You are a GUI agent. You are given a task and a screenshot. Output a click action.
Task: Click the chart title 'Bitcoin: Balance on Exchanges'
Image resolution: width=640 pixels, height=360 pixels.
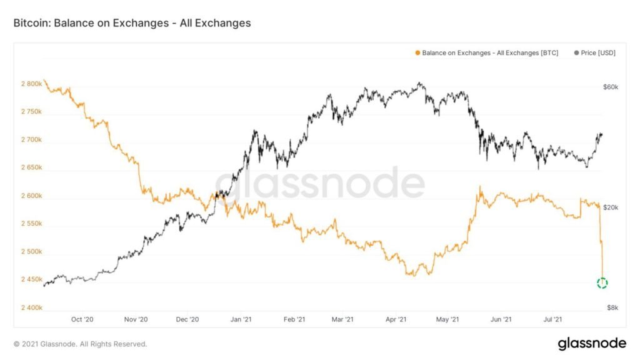click(132, 23)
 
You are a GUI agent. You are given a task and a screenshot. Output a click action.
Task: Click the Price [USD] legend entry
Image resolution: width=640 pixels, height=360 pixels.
click(594, 53)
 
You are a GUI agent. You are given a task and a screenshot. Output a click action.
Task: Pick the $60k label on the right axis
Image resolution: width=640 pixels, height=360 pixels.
click(610, 87)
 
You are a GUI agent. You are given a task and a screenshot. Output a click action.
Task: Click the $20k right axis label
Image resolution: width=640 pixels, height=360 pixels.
click(610, 207)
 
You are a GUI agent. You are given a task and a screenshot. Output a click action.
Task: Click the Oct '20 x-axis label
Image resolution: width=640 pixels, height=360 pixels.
click(82, 319)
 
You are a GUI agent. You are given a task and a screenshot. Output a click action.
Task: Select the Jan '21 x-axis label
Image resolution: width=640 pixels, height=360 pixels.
click(241, 319)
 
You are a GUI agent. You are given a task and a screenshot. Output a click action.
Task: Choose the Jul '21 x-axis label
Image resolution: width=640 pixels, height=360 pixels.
click(552, 319)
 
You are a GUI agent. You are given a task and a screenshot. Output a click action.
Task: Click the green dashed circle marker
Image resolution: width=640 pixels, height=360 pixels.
click(602, 283)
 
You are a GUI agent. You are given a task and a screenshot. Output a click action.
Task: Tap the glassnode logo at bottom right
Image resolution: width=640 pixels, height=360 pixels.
click(591, 343)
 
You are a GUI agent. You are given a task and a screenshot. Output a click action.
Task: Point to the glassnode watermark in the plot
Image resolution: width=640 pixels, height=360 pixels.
click(320, 182)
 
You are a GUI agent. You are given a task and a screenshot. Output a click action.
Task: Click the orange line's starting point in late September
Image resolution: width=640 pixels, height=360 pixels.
click(44, 81)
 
